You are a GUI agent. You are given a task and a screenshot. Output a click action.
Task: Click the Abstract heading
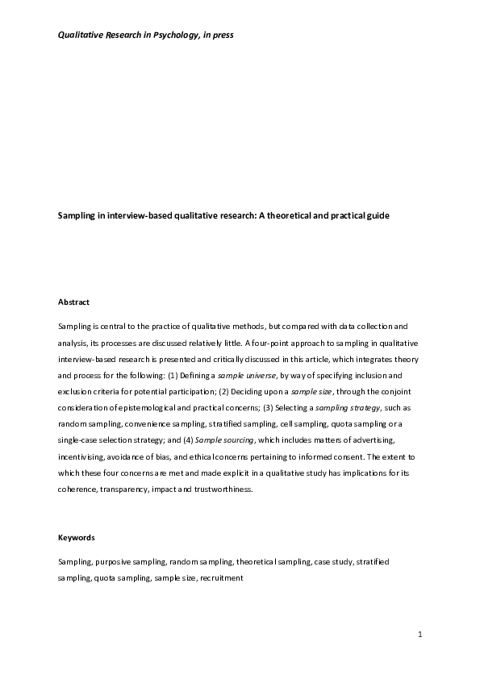tap(73, 302)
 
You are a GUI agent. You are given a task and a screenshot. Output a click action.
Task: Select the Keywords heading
tap(76, 536)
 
